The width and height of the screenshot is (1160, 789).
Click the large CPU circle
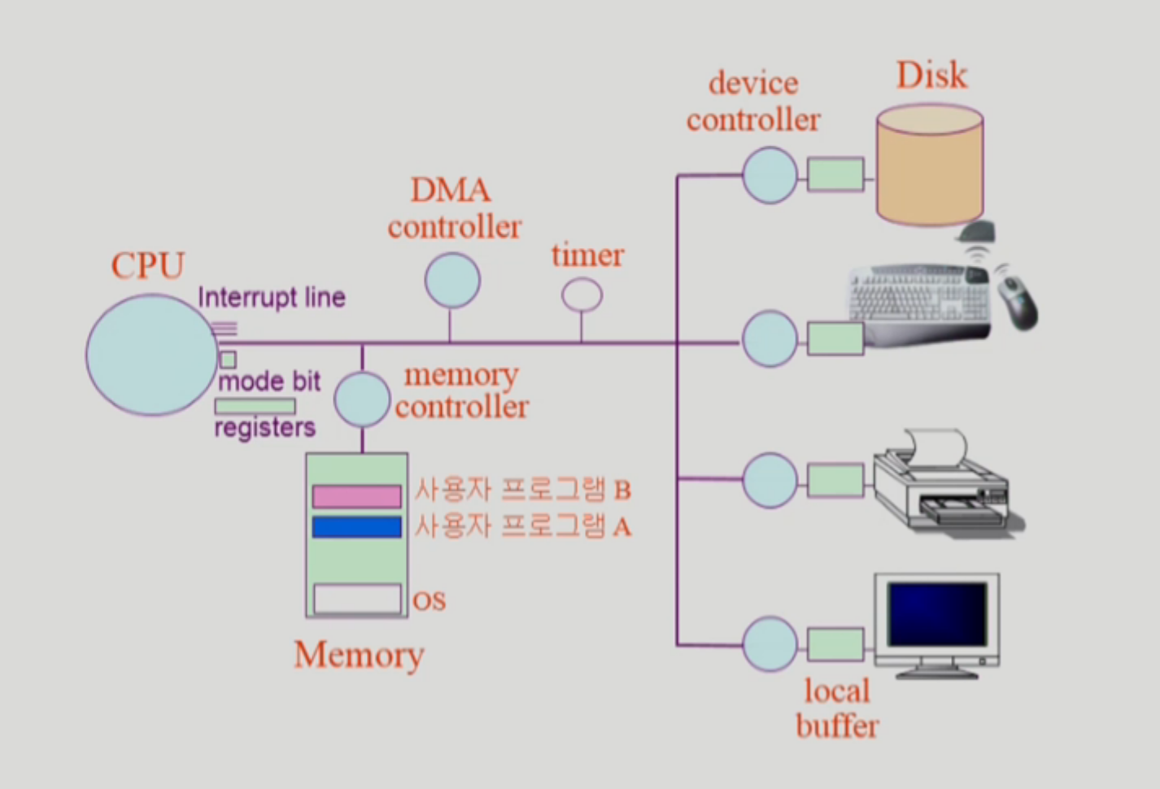point(151,355)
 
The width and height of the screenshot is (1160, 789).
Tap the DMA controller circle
point(452,281)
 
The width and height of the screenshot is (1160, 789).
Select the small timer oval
point(582,295)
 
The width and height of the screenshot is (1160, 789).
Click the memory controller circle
point(363,399)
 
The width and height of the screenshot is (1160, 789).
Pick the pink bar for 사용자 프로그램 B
point(357,496)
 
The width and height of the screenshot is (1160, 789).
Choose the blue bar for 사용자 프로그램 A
point(357,527)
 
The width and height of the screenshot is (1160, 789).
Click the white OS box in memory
point(357,599)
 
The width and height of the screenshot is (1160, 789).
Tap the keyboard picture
point(919,301)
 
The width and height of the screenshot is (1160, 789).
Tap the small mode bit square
point(229,360)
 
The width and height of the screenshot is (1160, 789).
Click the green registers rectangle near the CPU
point(255,406)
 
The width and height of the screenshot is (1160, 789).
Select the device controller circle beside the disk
point(770,175)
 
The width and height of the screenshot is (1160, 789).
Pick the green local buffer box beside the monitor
point(835,644)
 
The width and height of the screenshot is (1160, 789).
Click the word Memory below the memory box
point(359,654)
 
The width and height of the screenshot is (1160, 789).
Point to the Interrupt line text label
point(272,298)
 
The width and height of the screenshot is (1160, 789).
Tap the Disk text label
point(931,76)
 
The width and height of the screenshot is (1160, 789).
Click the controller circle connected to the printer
point(770,481)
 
